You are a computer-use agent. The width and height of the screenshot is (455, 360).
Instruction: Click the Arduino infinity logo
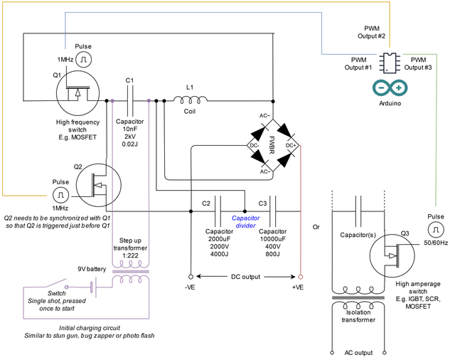click(x=390, y=88)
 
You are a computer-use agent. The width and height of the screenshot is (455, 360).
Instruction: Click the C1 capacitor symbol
click(x=129, y=101)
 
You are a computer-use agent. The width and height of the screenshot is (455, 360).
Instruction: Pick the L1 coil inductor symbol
click(x=191, y=100)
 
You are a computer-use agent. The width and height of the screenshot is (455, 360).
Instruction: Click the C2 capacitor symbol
click(x=218, y=211)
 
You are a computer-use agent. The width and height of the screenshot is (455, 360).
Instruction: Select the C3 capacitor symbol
click(x=272, y=211)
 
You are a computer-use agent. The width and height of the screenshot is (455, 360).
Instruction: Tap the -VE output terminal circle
click(x=191, y=277)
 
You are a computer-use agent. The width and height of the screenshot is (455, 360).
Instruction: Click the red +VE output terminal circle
click(x=301, y=277)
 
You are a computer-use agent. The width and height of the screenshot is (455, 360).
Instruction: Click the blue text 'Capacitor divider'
click(x=245, y=222)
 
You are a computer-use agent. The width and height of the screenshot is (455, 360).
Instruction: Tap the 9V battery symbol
click(x=93, y=287)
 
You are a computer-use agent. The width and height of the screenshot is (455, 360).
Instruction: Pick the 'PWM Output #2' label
click(x=371, y=32)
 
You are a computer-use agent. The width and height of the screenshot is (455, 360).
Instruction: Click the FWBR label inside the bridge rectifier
click(x=272, y=145)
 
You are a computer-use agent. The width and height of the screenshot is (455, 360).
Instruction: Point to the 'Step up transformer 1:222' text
click(x=130, y=248)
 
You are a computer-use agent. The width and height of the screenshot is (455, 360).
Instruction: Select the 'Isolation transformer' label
click(x=358, y=316)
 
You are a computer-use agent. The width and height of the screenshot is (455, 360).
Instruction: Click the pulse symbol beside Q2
click(x=60, y=195)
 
